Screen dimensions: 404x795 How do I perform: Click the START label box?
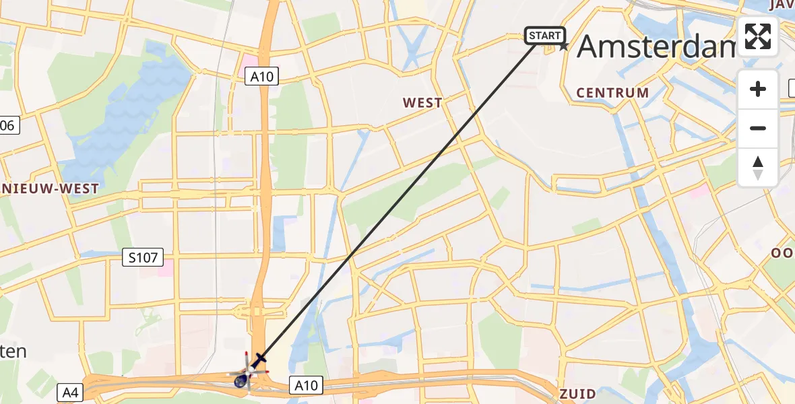pos(544,36)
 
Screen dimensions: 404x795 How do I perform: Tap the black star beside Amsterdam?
pos(564,46)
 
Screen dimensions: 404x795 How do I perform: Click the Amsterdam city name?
pos(657,46)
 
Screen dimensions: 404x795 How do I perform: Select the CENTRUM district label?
pos(613,93)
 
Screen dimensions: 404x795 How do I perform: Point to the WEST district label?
pos(422,103)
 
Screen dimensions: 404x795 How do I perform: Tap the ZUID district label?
pos(577,394)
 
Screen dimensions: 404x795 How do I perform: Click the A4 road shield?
pos(70,392)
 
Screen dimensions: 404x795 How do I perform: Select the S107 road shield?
pos(142,257)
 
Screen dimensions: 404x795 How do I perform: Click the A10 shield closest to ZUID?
pos(306,385)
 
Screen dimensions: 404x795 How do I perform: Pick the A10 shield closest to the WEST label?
pos(261,76)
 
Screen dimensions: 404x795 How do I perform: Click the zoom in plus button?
pos(758,89)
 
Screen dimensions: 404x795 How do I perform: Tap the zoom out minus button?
pos(758,129)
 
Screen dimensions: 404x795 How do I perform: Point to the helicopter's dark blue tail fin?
pos(240,381)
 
